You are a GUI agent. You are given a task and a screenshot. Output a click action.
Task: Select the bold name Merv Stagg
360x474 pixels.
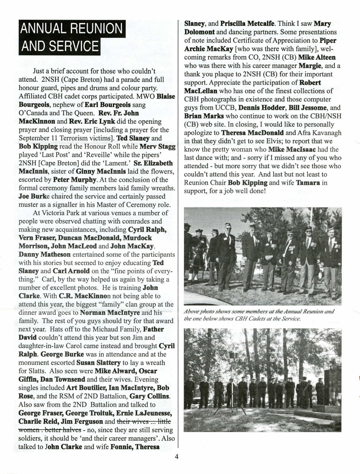[157, 146]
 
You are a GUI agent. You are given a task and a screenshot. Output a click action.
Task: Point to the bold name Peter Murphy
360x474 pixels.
[74, 180]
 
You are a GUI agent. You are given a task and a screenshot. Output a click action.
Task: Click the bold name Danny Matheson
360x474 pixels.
[44, 254]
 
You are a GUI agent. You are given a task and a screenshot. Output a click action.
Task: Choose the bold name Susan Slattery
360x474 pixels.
[98, 363]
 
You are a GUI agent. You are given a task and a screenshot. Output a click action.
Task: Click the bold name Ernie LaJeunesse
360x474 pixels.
[144, 413]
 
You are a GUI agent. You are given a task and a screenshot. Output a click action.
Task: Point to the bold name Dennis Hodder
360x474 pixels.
[258, 108]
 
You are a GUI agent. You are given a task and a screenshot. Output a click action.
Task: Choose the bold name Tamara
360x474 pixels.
[308, 183]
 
